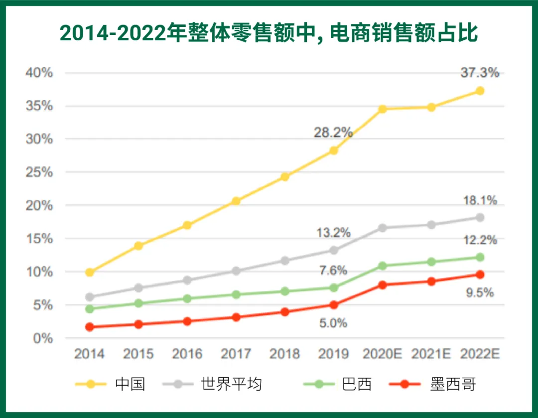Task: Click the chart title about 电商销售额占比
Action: pyautogui.click(x=269, y=33)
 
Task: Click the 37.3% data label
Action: pyautogui.click(x=480, y=72)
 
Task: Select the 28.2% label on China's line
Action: pyautogui.click(x=333, y=132)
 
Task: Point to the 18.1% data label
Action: pyautogui.click(x=480, y=200)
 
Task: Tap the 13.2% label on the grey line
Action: pyautogui.click(x=333, y=232)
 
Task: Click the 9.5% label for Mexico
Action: pyautogui.click(x=480, y=292)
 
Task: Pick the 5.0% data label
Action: pyautogui.click(x=333, y=323)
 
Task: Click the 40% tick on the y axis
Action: pyautogui.click(x=39, y=72)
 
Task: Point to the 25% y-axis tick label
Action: pyautogui.click(x=39, y=172)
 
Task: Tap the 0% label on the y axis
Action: pyautogui.click(x=43, y=338)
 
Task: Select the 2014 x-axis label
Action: pyautogui.click(x=89, y=353)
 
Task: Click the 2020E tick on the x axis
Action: pyautogui.click(x=382, y=353)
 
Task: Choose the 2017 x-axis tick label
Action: pyautogui.click(x=236, y=353)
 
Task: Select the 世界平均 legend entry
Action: pyautogui.click(x=213, y=384)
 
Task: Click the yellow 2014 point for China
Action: pyautogui.click(x=90, y=273)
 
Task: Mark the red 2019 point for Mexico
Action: pyautogui.click(x=333, y=305)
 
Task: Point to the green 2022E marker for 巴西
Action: pyautogui.click(x=480, y=258)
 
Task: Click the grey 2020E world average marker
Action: pyautogui.click(x=382, y=228)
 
